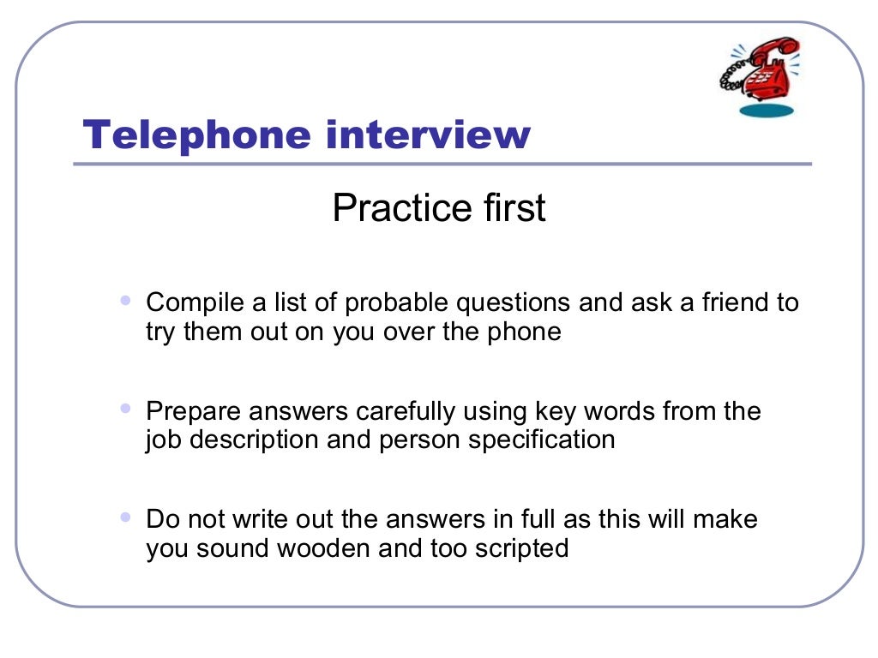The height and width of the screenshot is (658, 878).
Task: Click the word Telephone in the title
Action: point(197,135)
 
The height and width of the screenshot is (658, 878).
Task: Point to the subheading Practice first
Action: point(439,209)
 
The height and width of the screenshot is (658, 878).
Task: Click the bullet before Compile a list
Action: point(127,301)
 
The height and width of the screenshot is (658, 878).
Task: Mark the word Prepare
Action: point(196,412)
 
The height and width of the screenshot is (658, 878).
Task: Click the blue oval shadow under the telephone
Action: point(767,110)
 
